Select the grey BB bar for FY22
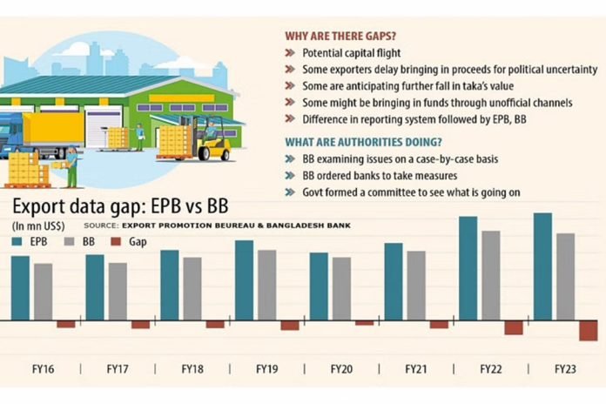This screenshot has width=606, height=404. click(x=490, y=275)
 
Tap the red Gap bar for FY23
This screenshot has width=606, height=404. click(x=589, y=330)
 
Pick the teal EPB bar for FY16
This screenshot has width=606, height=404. click(x=20, y=288)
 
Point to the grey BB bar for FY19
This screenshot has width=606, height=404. click(x=266, y=285)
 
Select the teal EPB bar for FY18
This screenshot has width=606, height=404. click(x=170, y=286)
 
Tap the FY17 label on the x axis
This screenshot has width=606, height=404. click(x=118, y=370)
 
